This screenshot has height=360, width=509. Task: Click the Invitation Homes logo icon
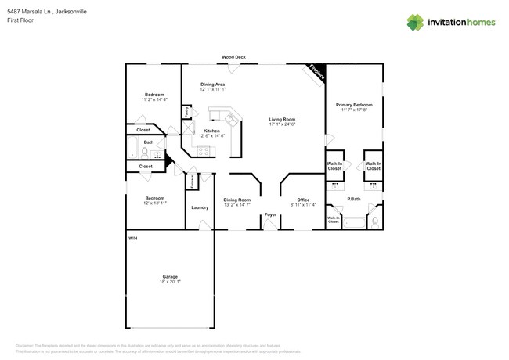click(x=415, y=22)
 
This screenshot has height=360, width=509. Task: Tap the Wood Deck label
click(x=233, y=57)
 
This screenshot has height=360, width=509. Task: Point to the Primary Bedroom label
click(x=354, y=105)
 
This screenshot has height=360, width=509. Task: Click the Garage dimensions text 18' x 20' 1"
click(x=170, y=282)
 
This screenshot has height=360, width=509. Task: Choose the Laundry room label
click(x=200, y=207)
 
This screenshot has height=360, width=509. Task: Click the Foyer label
click(x=270, y=214)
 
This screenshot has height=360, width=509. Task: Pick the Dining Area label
click(x=213, y=84)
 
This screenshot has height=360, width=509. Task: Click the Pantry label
click(x=186, y=113)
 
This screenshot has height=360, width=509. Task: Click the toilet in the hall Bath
click(x=145, y=153)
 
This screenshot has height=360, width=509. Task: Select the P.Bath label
click(x=354, y=199)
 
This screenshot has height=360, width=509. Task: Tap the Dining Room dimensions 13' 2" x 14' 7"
click(x=237, y=204)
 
